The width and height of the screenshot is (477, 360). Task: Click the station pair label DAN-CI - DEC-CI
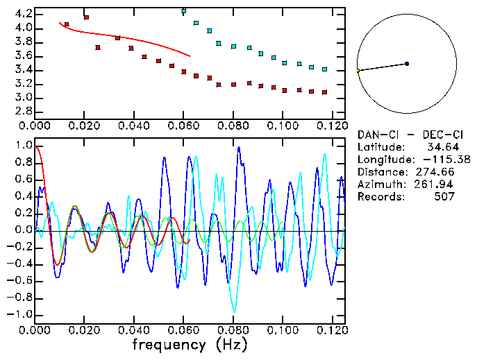(405, 135)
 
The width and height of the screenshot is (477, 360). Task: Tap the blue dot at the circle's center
(407, 64)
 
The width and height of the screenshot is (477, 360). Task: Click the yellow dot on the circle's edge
(358, 71)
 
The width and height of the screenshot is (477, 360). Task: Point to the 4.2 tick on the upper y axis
(23, 14)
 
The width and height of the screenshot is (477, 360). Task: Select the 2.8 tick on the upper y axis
(23, 111)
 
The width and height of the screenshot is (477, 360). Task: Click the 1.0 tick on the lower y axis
(23, 146)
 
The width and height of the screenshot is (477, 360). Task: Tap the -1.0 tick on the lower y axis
(21, 314)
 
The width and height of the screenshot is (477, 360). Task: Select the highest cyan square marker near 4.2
(183, 11)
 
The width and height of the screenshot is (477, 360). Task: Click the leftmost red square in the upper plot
(67, 25)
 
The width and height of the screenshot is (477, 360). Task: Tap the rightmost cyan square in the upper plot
(324, 69)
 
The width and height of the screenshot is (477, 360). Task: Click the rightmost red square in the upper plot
(324, 92)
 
